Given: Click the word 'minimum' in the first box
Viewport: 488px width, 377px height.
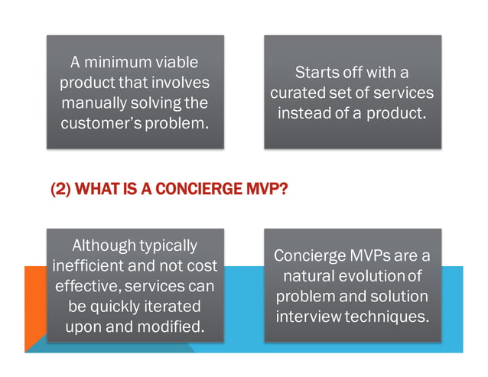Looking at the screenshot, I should pyautogui.click(x=124, y=62).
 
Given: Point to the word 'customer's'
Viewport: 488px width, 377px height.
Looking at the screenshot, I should pyautogui.click(x=101, y=122).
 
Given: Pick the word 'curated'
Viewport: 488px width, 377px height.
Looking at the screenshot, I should pyautogui.click(x=300, y=93).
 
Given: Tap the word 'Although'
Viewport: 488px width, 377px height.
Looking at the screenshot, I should pyautogui.click(x=104, y=246).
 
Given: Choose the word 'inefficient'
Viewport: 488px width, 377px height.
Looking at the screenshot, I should pyautogui.click(x=91, y=266).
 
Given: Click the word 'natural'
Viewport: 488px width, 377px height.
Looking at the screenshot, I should pyautogui.click(x=311, y=275).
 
